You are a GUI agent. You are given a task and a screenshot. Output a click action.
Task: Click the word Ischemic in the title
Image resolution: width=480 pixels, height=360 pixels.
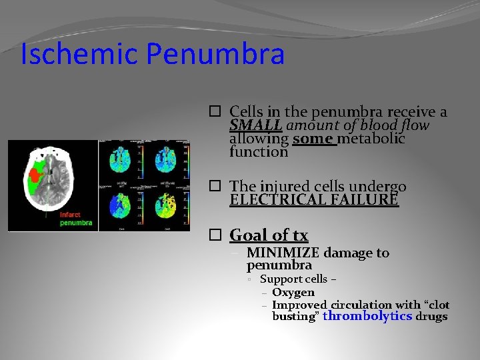[x=79, y=55]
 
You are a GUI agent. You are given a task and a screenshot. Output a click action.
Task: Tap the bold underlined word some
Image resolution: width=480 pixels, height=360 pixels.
[x=313, y=139]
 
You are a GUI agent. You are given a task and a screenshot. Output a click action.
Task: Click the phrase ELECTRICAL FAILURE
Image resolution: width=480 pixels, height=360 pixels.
[x=314, y=199]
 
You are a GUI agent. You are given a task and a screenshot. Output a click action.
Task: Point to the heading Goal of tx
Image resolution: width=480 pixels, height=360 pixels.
[x=269, y=235]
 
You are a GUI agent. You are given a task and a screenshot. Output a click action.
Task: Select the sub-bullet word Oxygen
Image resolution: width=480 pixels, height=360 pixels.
[x=293, y=292]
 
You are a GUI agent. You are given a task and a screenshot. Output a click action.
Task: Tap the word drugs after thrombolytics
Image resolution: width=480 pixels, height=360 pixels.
[x=431, y=316]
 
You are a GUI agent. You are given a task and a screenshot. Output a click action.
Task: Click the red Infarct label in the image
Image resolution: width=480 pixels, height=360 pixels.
[x=71, y=215]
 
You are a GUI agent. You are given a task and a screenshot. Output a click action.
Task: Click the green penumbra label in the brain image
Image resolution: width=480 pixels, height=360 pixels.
[x=76, y=223]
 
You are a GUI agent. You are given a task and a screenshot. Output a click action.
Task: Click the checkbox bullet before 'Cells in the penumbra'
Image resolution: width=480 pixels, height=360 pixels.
[x=214, y=113]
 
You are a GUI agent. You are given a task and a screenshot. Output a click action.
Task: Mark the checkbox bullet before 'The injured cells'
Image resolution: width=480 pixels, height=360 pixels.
[x=214, y=187]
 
